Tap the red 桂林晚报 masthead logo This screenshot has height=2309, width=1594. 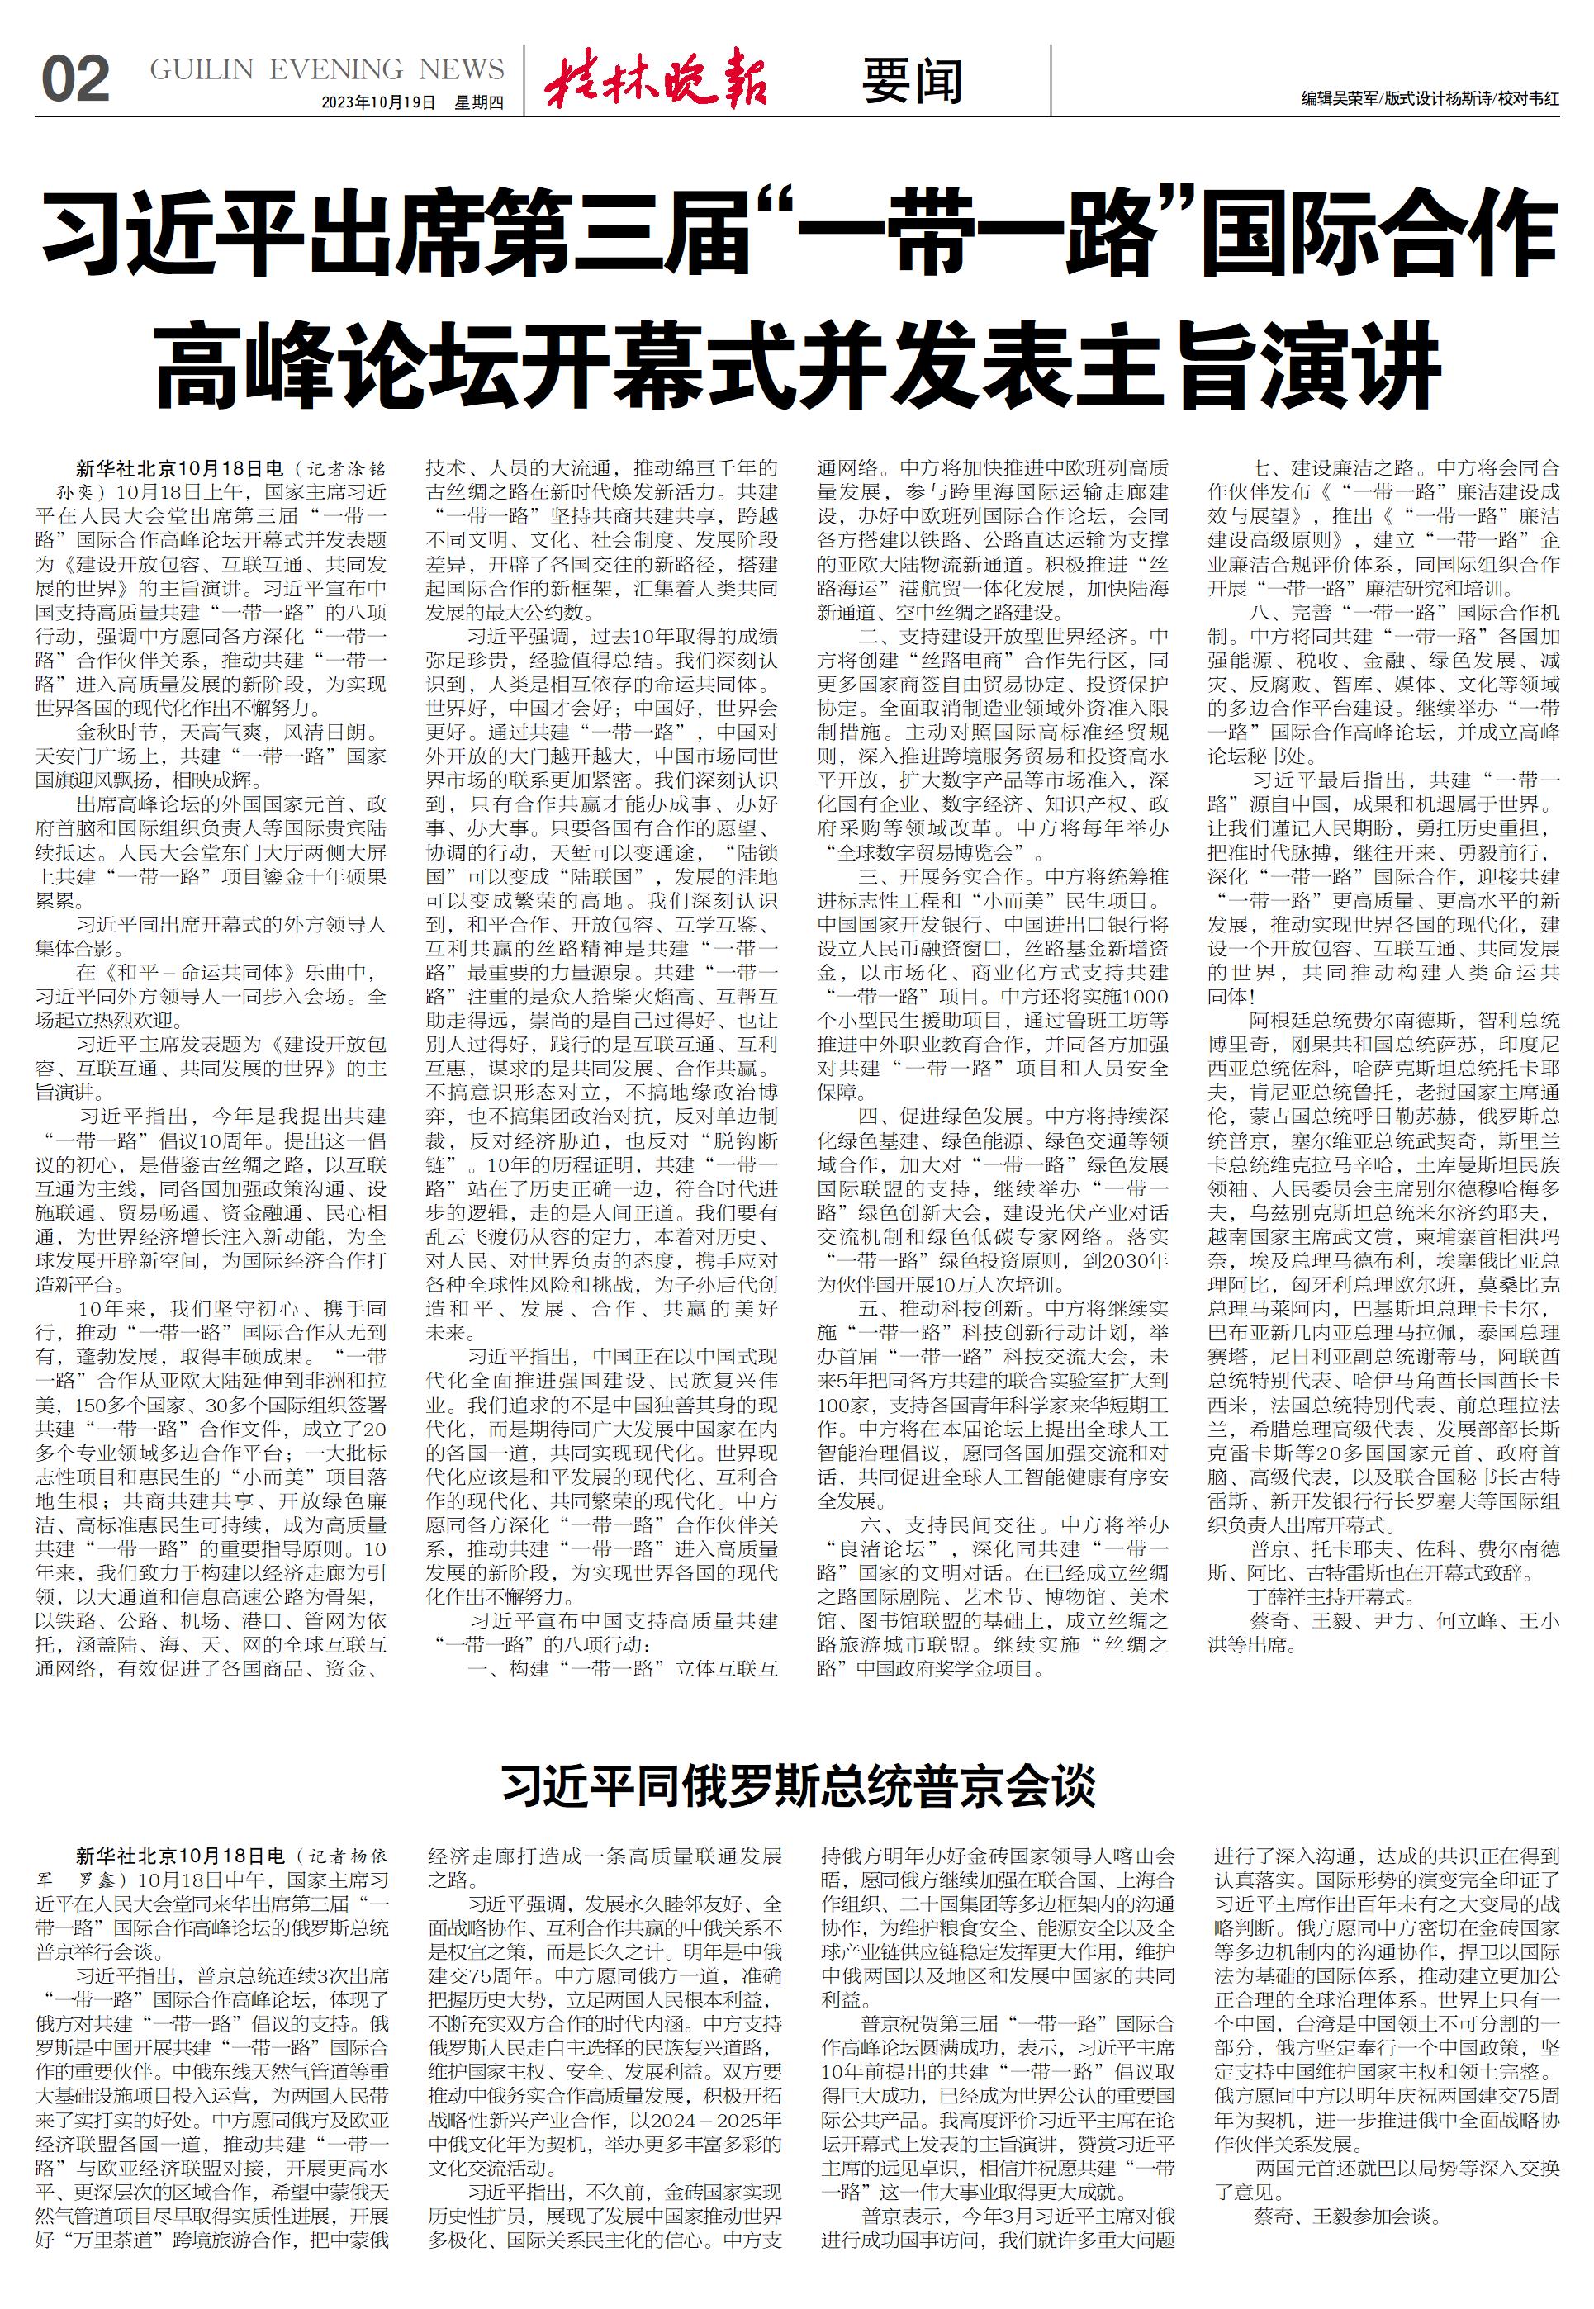tap(656, 78)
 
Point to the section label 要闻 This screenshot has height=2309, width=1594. tap(912, 81)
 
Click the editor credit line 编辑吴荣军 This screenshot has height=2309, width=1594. tap(1338, 99)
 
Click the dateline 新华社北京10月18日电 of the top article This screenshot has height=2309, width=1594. tap(180, 467)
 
